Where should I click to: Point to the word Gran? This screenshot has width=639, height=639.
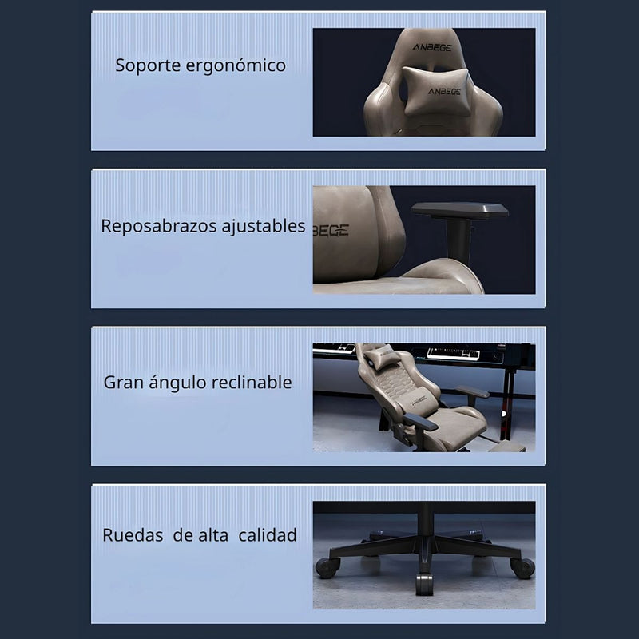[123, 382]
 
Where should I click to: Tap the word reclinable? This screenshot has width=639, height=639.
[251, 382]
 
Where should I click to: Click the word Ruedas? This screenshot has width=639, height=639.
[132, 535]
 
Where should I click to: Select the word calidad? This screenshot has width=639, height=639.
[268, 535]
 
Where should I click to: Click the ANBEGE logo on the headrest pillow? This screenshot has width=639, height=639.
[443, 91]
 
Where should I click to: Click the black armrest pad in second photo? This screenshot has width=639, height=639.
[459, 211]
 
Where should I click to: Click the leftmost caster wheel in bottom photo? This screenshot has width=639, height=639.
[326, 568]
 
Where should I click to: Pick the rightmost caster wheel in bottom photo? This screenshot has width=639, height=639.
[523, 568]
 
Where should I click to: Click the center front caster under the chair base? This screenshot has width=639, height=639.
[424, 584]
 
